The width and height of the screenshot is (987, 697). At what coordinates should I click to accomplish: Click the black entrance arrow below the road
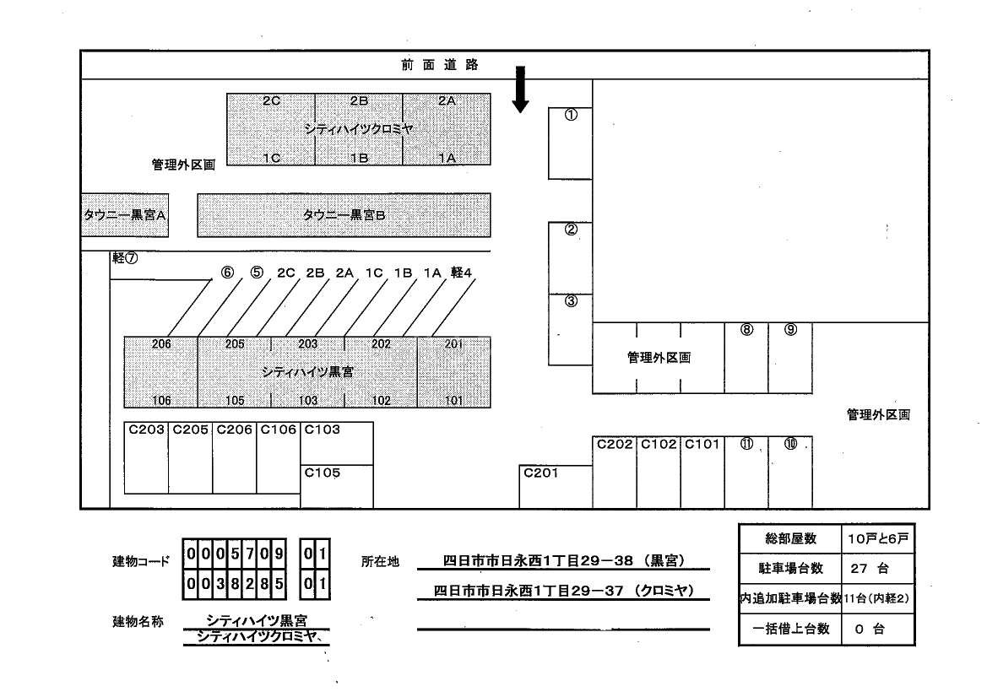(x=520, y=89)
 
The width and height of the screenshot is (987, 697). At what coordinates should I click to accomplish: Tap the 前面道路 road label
(x=439, y=65)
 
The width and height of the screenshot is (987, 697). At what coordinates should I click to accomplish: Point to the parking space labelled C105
(x=337, y=486)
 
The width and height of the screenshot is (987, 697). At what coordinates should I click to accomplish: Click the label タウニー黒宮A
(x=124, y=215)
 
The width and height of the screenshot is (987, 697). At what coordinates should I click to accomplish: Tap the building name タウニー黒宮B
(x=344, y=215)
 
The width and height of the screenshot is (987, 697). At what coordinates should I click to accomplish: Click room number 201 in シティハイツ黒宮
(x=453, y=344)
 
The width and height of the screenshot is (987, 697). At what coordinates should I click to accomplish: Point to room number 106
(x=161, y=401)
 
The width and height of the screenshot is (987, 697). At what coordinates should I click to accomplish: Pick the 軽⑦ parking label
(x=124, y=258)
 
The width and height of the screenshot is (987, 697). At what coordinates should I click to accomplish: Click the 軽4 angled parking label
(x=461, y=273)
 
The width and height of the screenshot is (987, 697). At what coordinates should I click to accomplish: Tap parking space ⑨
(x=790, y=358)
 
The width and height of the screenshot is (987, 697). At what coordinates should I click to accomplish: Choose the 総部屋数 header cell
(x=789, y=538)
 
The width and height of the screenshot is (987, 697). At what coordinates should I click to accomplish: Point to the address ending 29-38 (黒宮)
(x=563, y=561)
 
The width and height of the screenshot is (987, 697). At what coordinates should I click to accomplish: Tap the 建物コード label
(x=140, y=561)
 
